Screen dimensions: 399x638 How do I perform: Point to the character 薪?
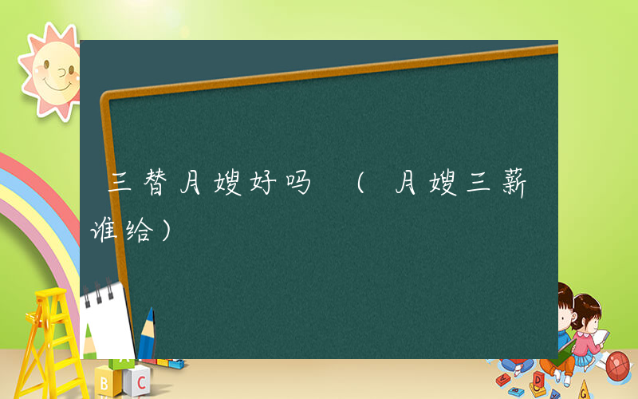pyautogui.click(x=512, y=185)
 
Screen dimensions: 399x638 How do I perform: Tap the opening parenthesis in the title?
pyautogui.click(x=361, y=185)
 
